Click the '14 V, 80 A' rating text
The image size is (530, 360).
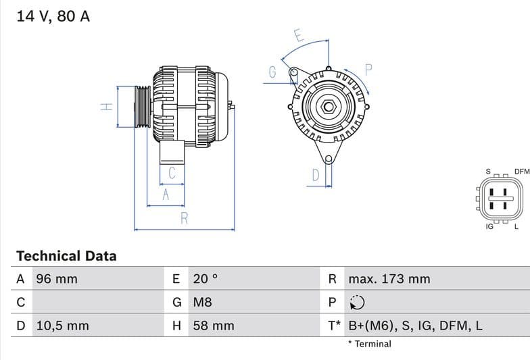pyautogui.click(x=53, y=16)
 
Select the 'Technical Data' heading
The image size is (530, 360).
pyautogui.click(x=66, y=256)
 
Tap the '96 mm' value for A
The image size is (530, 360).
pyautogui.click(x=57, y=279)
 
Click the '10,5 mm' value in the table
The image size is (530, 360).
pyautogui.click(x=62, y=326)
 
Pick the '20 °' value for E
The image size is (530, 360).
pyautogui.click(x=206, y=279)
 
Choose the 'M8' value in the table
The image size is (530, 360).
pyautogui.click(x=203, y=302)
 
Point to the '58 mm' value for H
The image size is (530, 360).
pyautogui.click(x=214, y=326)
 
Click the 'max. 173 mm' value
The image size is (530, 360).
pyautogui.click(x=389, y=279)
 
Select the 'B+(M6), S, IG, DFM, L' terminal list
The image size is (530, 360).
pyautogui.click(x=415, y=326)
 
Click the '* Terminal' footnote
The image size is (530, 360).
pyautogui.click(x=369, y=344)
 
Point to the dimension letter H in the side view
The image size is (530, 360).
pyautogui.click(x=105, y=107)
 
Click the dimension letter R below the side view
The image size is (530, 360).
pyautogui.click(x=184, y=218)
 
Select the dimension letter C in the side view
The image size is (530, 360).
pyautogui.click(x=172, y=174)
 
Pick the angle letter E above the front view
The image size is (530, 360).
pyautogui.click(x=298, y=35)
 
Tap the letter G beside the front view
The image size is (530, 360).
pyautogui.click(x=272, y=73)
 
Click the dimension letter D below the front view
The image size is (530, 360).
pyautogui.click(x=315, y=176)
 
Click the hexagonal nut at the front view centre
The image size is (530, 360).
pyautogui.click(x=328, y=107)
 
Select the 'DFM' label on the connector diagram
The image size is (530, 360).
pyautogui.click(x=521, y=172)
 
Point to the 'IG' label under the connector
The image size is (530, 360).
pyautogui.click(x=489, y=227)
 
